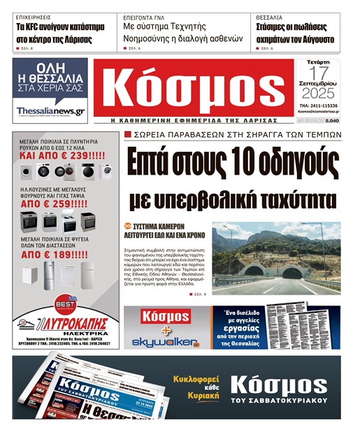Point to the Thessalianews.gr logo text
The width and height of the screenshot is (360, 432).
coord(50,110)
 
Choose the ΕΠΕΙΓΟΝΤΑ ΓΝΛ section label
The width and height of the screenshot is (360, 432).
coord(147,16)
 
